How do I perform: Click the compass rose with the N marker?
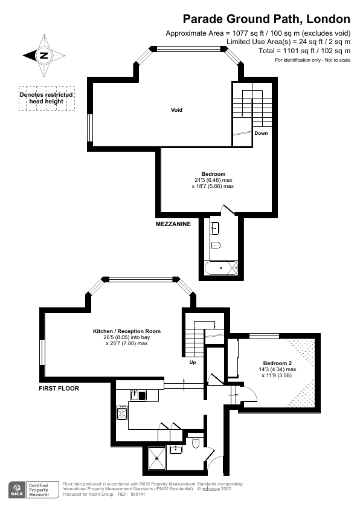click(x=44, y=56)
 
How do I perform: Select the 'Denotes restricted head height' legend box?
click(x=46, y=99)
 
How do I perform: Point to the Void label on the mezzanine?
click(x=176, y=110)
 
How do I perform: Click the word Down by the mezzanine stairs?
click(x=261, y=133)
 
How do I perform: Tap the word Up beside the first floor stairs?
click(x=193, y=363)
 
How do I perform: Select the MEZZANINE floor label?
click(x=173, y=224)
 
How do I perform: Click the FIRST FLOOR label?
click(x=59, y=389)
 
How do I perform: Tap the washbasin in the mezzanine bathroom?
click(x=215, y=229)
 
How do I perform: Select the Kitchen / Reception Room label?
click(x=126, y=331)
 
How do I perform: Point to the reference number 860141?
click(x=138, y=494)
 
